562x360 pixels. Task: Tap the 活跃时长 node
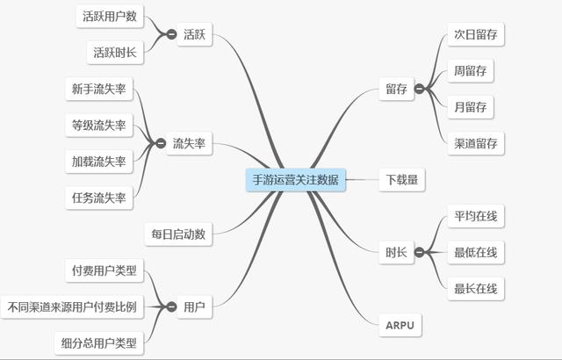pos(114,53)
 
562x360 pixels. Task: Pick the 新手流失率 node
pos(98,89)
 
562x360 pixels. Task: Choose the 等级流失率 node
pos(98,125)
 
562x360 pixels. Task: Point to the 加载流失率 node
pos(98,162)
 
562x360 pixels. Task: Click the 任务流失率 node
pos(98,198)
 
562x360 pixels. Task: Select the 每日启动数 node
pos(178,234)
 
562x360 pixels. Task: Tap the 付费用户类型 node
pos(104,270)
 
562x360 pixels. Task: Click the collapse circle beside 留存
pos(420,89)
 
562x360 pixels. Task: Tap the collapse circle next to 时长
pos(420,253)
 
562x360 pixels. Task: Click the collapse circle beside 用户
pos(161,306)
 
